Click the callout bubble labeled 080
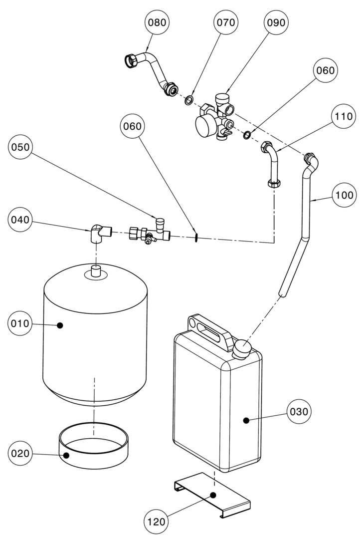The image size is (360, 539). coord(157,23)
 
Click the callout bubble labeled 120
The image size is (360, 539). coord(157,522)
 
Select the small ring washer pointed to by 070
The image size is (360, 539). coord(189,101)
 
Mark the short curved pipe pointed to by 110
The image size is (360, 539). coord(272,165)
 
